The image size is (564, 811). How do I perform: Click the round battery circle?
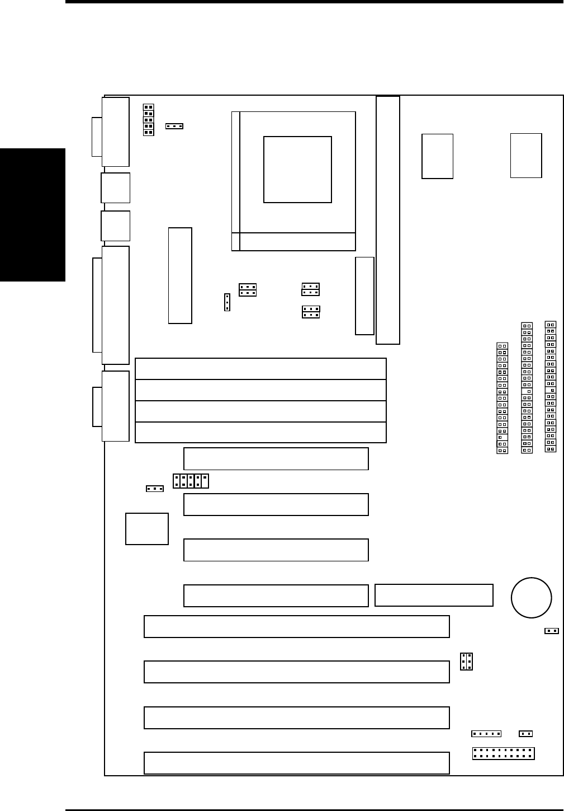(x=531, y=597)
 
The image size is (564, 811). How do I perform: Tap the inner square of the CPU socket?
(x=297, y=170)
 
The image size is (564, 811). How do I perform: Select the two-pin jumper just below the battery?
(x=552, y=631)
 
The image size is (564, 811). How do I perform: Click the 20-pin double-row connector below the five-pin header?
(x=503, y=753)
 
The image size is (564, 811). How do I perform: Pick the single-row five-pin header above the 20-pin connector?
(x=486, y=734)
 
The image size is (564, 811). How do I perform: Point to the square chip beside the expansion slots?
(x=147, y=528)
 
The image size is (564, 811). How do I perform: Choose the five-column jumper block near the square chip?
(x=191, y=481)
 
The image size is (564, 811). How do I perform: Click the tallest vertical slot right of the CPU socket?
(x=388, y=220)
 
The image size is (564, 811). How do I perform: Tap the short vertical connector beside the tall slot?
(x=364, y=296)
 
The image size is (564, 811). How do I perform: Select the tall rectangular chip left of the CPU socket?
(x=180, y=275)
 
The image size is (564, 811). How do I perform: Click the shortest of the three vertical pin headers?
(x=502, y=399)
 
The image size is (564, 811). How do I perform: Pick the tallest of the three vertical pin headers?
(x=551, y=386)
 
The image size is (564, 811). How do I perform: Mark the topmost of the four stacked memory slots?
(x=260, y=369)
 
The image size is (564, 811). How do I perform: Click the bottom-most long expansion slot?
(x=296, y=763)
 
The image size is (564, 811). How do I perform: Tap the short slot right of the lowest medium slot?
(x=434, y=595)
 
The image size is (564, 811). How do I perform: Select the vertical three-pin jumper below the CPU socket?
(x=227, y=302)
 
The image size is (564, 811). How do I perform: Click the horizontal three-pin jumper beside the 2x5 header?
(x=174, y=126)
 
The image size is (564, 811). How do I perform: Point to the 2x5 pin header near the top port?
(x=148, y=120)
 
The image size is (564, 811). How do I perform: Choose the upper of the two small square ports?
(x=116, y=187)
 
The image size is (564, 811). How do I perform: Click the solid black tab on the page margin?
(x=32, y=215)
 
